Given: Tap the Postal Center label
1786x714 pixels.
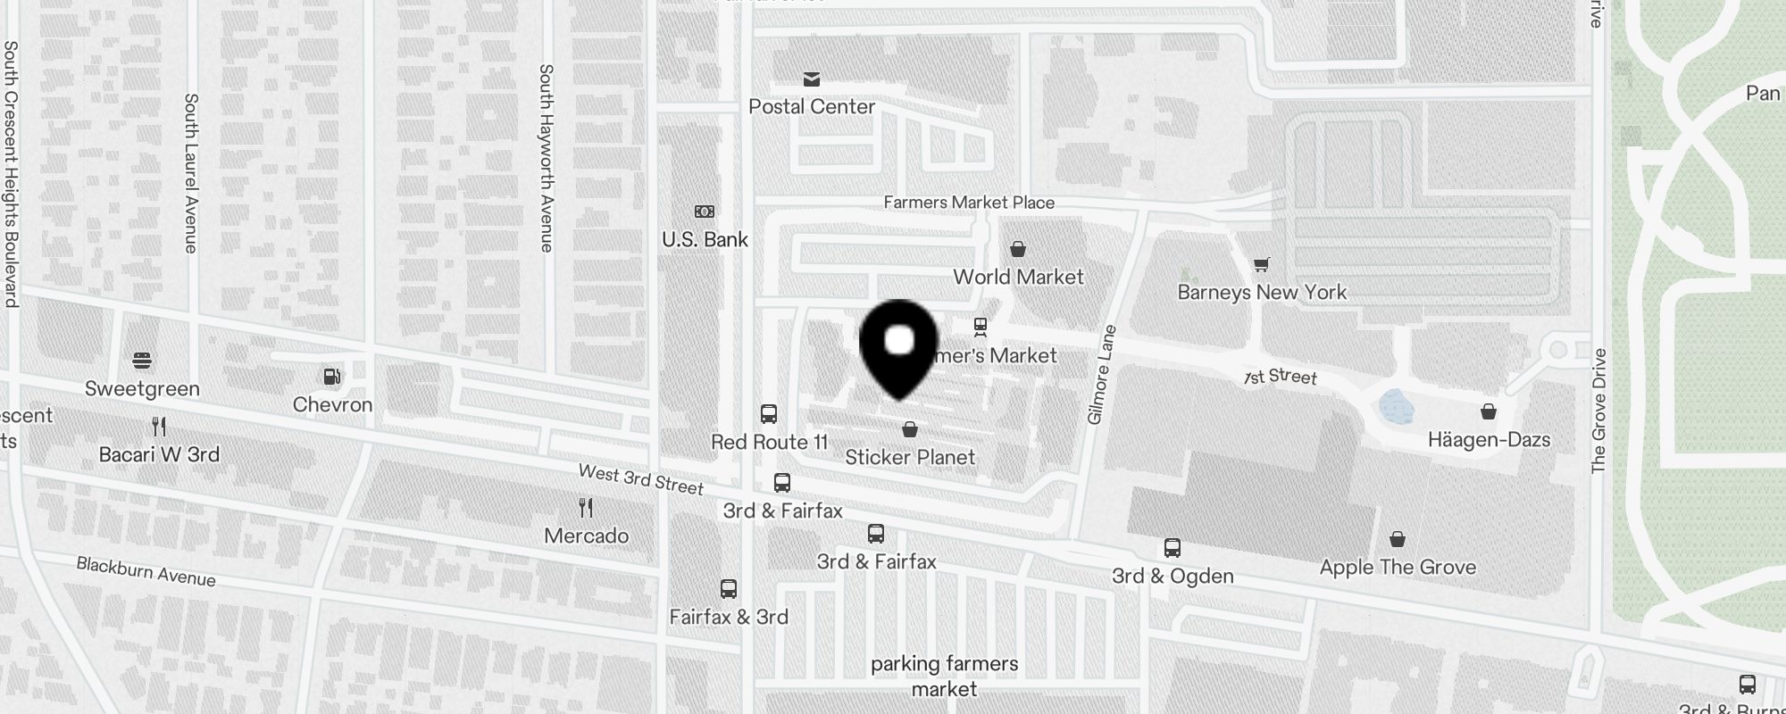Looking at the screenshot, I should coord(811,106).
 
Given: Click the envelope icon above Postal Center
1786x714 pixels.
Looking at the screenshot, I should coord(811,79).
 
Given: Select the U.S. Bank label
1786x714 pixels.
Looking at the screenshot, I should coord(705,239).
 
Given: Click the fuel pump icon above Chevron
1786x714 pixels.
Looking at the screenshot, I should coord(332,377).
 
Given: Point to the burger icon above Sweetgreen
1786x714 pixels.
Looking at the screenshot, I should coord(142,361).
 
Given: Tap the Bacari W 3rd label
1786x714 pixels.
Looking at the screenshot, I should coord(159,454).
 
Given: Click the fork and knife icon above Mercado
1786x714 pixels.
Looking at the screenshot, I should coord(586,508).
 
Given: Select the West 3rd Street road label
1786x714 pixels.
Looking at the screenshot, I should coord(640,479).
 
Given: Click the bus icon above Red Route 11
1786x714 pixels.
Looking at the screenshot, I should coord(769,414).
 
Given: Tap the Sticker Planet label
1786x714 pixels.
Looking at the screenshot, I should coord(910,457).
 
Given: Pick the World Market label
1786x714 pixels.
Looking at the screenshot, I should coord(1018,277).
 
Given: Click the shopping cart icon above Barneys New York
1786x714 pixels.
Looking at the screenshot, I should coord(1261,264).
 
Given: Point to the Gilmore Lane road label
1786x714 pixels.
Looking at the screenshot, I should coord(1102,375).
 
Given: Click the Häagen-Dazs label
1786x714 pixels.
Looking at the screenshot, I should coord(1489,439).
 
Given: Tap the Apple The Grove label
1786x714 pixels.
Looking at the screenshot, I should coord(1398,567).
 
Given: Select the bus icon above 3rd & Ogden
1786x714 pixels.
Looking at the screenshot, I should coord(1173,547).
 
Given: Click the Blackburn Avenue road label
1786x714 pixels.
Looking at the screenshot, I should coord(146,571).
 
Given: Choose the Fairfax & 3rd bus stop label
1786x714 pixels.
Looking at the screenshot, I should coord(729,617).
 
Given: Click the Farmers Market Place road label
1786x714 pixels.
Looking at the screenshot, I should coord(969,203).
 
